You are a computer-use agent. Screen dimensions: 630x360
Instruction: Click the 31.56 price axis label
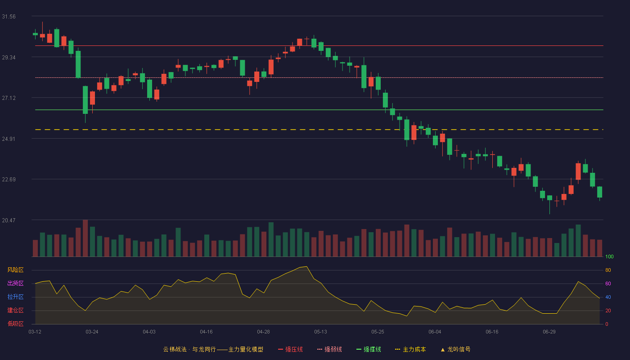(x=9, y=17)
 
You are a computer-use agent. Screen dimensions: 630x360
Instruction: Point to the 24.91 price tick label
(x=9, y=139)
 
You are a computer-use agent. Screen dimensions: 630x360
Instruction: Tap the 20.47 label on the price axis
(x=9, y=220)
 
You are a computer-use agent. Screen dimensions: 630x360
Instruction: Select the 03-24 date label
(x=92, y=332)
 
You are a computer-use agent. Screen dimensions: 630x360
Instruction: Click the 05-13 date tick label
(x=320, y=332)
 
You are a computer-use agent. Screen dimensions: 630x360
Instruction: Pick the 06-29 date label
(x=549, y=332)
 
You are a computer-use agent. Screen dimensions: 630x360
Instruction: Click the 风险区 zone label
(x=15, y=270)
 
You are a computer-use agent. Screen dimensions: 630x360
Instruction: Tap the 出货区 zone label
(x=15, y=283)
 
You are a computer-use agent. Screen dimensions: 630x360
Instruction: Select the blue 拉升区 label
(x=15, y=297)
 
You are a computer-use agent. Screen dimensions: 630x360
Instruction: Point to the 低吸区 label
(x=15, y=324)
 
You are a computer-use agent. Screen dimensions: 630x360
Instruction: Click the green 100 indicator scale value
(x=609, y=256)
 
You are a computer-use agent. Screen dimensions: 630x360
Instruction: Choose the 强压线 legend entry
(x=291, y=350)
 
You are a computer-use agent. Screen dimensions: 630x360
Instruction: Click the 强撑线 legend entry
(x=369, y=350)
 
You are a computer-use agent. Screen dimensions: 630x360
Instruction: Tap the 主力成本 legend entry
(x=410, y=350)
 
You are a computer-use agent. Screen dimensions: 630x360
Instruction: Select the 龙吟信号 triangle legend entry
(x=455, y=350)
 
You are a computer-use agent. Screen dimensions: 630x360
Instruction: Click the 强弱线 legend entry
(x=329, y=350)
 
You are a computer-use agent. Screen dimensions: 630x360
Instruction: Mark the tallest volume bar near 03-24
(x=85, y=238)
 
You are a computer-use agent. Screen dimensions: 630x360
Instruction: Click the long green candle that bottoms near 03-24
(x=85, y=100)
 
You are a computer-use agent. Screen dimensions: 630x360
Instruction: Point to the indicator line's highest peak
(x=306, y=266)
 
